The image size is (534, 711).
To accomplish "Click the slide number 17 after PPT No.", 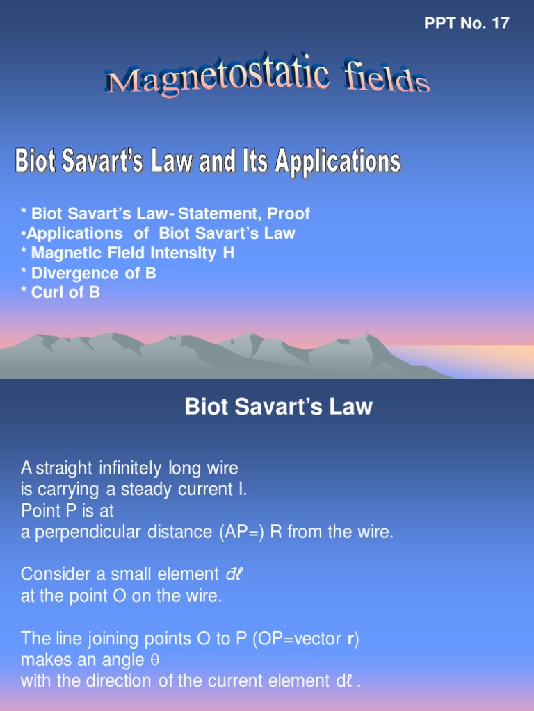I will click(500, 24).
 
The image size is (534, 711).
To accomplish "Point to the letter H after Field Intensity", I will click(229, 253).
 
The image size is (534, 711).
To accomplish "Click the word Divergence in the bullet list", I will click(76, 273).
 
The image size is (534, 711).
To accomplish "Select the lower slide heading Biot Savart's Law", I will click(278, 407).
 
